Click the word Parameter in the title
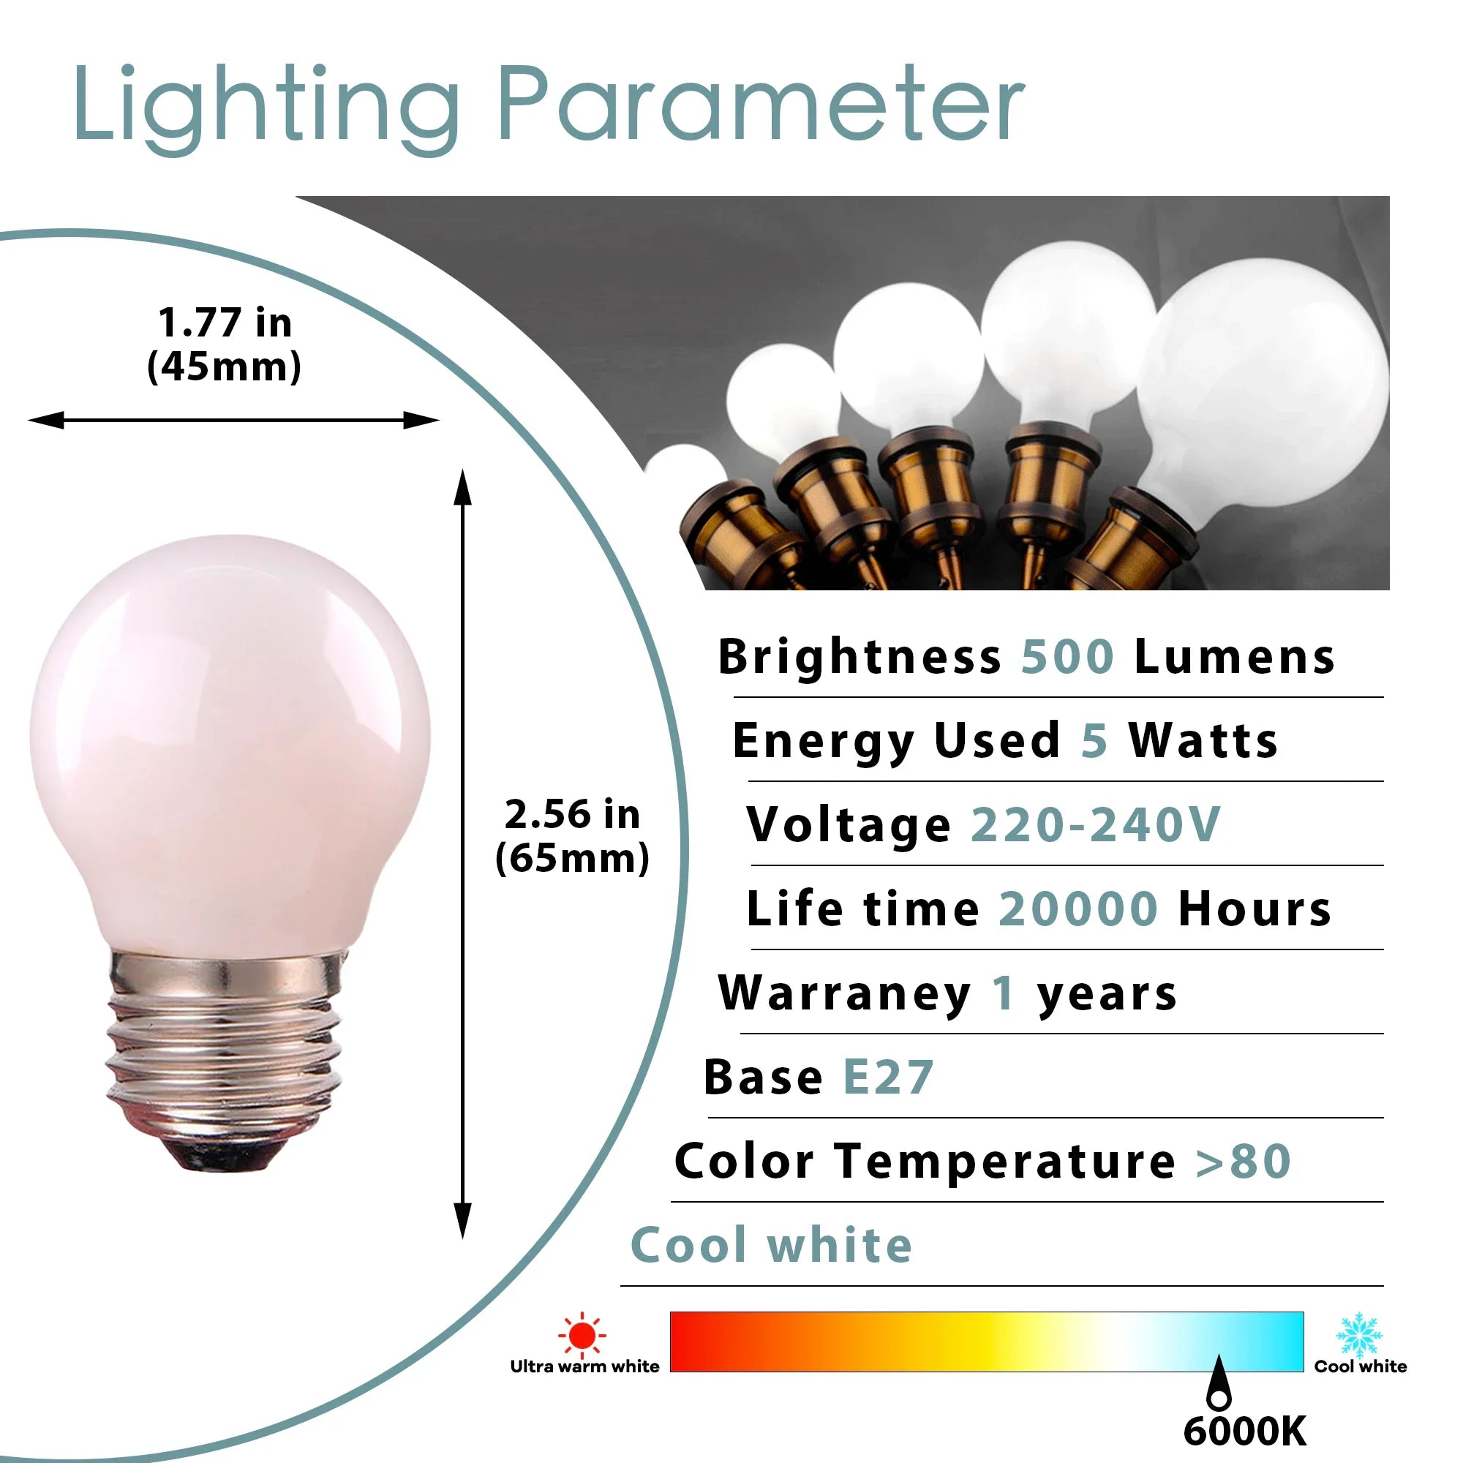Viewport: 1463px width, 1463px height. click(761, 103)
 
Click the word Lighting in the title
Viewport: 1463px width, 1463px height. click(266, 110)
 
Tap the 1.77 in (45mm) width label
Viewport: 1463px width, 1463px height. click(224, 345)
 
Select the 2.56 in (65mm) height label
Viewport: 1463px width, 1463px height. click(573, 835)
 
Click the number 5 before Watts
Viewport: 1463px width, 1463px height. click(1094, 740)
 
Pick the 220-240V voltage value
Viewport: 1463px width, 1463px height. click(1096, 824)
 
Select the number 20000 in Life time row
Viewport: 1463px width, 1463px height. click(1078, 908)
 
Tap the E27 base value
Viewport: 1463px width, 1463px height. click(888, 1077)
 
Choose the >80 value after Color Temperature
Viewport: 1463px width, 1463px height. click(1244, 1161)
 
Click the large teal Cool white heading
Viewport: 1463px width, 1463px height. click(772, 1246)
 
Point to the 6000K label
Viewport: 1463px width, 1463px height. click(1245, 1430)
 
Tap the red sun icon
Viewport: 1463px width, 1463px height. click(582, 1335)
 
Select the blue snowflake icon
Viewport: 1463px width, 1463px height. click(1360, 1335)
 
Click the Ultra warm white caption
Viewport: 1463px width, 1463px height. click(584, 1366)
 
